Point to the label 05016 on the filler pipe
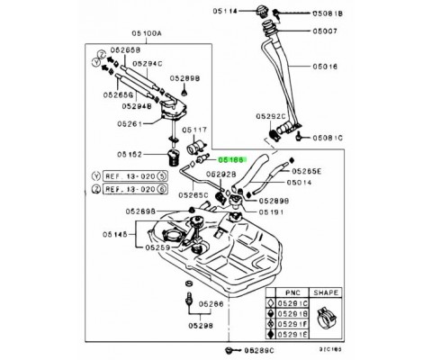(x=328, y=67)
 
